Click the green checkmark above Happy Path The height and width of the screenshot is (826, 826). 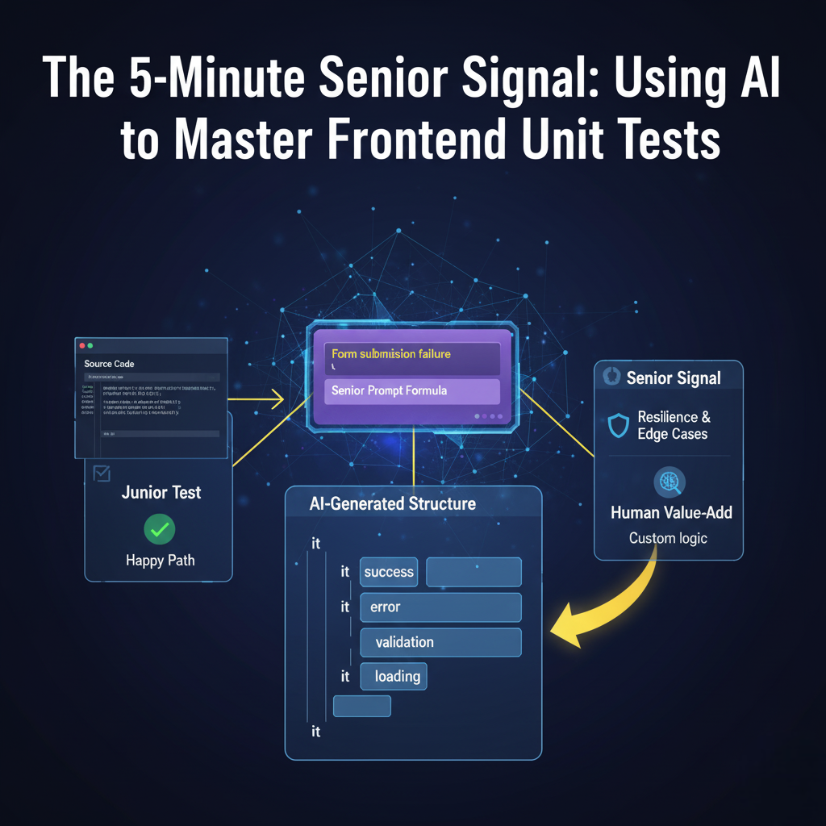(160, 530)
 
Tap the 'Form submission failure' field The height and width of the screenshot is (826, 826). (412, 358)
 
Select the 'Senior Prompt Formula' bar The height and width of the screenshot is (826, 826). (412, 391)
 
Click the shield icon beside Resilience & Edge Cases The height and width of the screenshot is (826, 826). (618, 426)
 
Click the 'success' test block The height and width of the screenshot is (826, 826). (389, 572)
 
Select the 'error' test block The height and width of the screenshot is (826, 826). (440, 607)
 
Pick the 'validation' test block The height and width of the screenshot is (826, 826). (440, 642)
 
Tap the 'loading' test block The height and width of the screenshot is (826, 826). (394, 677)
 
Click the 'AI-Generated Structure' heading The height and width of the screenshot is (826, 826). (393, 504)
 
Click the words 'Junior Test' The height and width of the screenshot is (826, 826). (161, 492)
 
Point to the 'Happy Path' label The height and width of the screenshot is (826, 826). (161, 561)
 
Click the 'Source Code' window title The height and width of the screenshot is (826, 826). (110, 364)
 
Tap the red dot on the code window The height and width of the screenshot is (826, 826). (81, 345)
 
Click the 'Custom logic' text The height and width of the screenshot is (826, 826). (668, 537)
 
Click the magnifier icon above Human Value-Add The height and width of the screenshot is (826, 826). (668, 482)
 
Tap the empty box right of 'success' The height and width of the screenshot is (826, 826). (473, 572)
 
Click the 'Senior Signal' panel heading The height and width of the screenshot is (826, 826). (674, 378)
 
